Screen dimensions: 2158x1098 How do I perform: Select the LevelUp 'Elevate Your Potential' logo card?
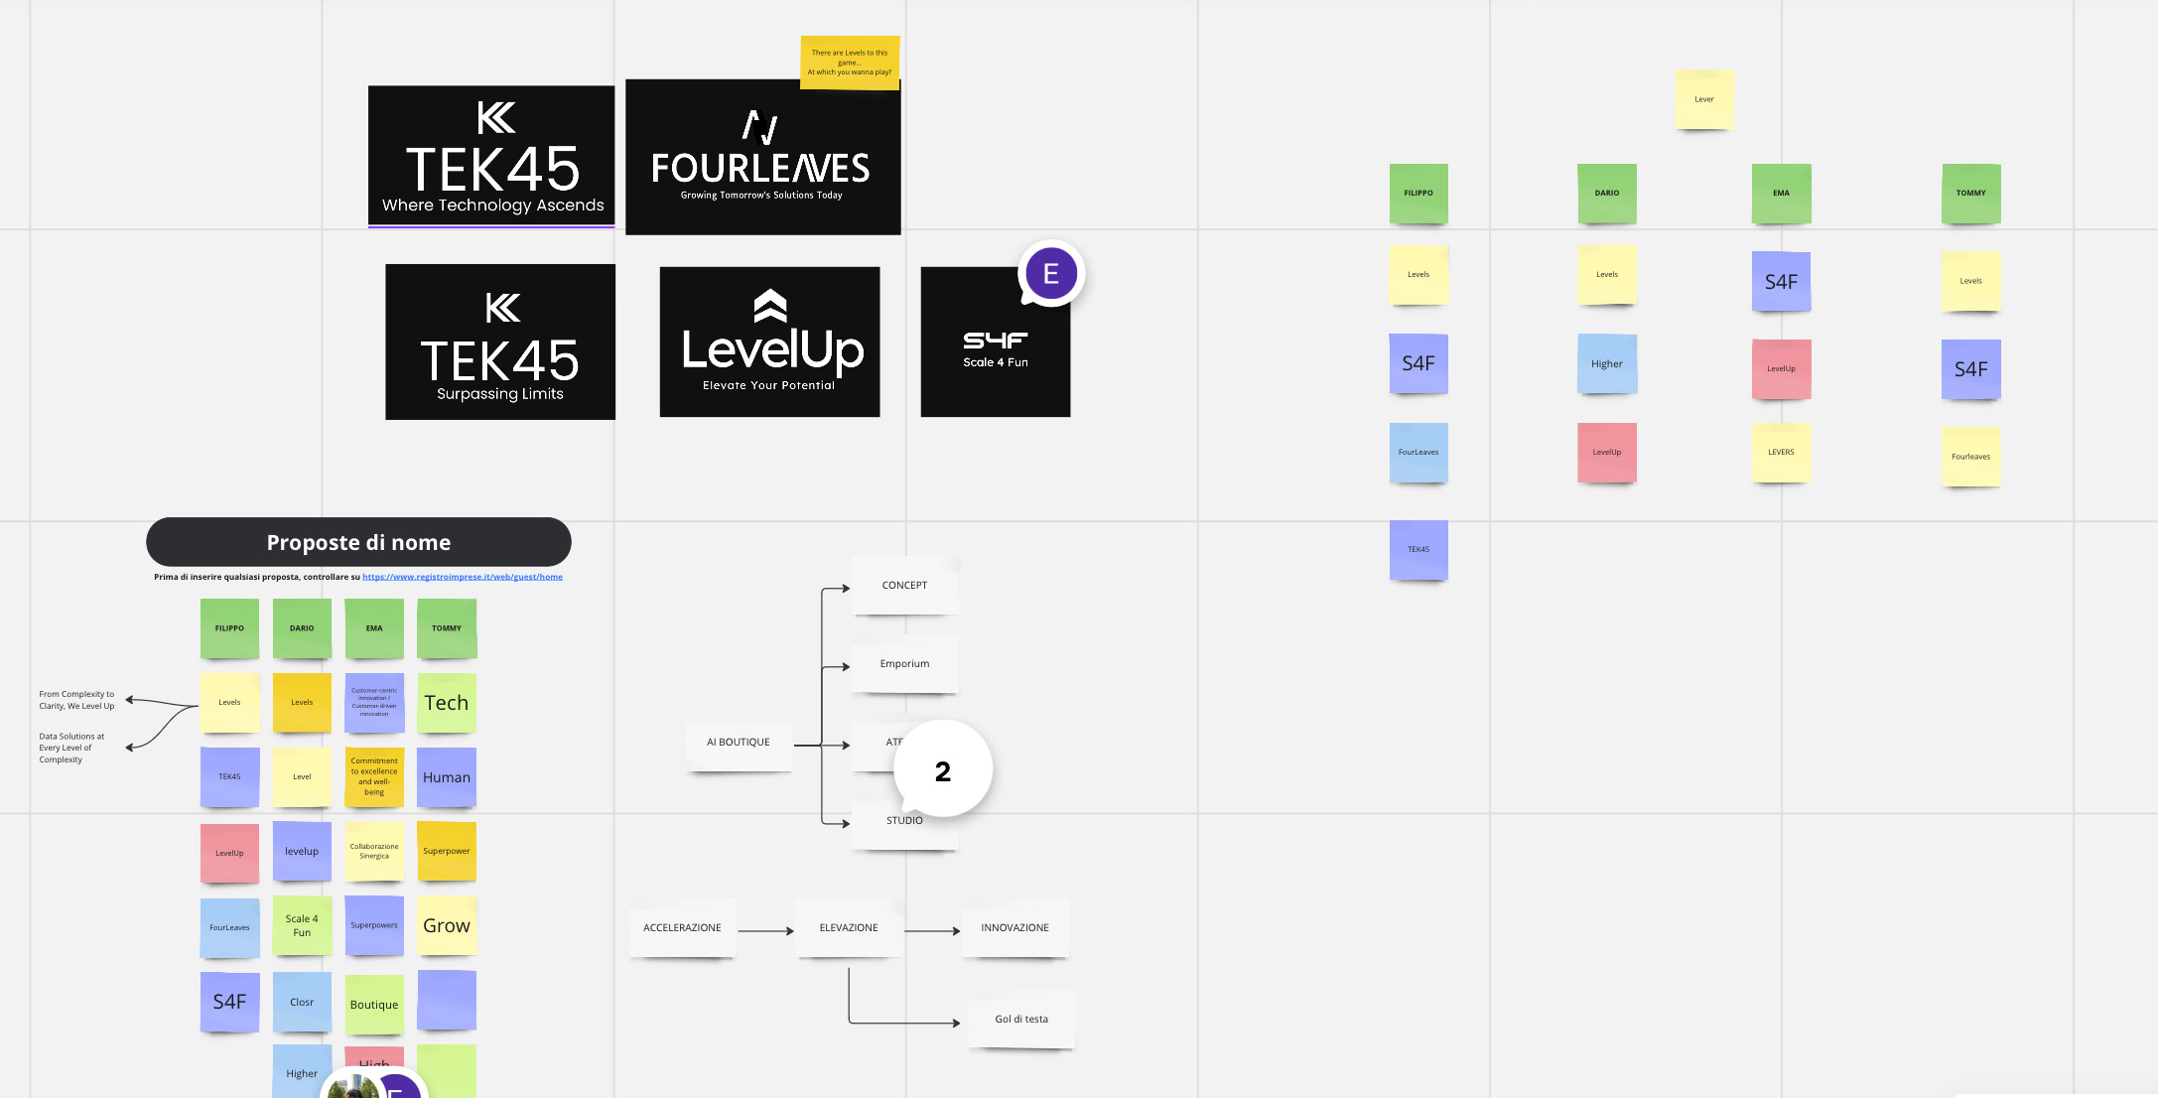(769, 342)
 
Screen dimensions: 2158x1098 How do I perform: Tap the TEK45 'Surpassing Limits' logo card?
(500, 342)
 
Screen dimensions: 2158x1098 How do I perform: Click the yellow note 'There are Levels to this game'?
(850, 63)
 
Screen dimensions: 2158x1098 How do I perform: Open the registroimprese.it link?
(463, 577)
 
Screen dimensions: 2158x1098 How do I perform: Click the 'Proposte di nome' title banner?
(358, 542)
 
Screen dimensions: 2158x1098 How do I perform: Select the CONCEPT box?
(904, 586)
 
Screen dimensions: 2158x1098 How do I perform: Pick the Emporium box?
(904, 664)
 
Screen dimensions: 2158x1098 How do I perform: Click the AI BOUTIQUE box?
(738, 743)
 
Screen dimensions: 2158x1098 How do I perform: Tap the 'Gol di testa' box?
(1021, 1020)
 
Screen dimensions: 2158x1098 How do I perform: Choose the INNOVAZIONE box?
(1014, 928)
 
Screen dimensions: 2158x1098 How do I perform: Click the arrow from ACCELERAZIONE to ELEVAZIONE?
(765, 931)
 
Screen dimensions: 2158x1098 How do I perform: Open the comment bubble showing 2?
(942, 771)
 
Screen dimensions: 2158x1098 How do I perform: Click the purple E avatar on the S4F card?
(1050, 274)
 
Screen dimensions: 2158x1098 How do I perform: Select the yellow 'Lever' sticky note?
(1704, 99)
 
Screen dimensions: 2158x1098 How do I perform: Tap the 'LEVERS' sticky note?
(1781, 453)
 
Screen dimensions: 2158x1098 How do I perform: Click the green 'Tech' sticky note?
(447, 703)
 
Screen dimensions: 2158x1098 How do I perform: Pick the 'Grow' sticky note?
(447, 926)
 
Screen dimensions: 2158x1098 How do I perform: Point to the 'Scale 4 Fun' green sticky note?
(302, 926)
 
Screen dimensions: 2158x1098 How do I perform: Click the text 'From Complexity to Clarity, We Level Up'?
(76, 700)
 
